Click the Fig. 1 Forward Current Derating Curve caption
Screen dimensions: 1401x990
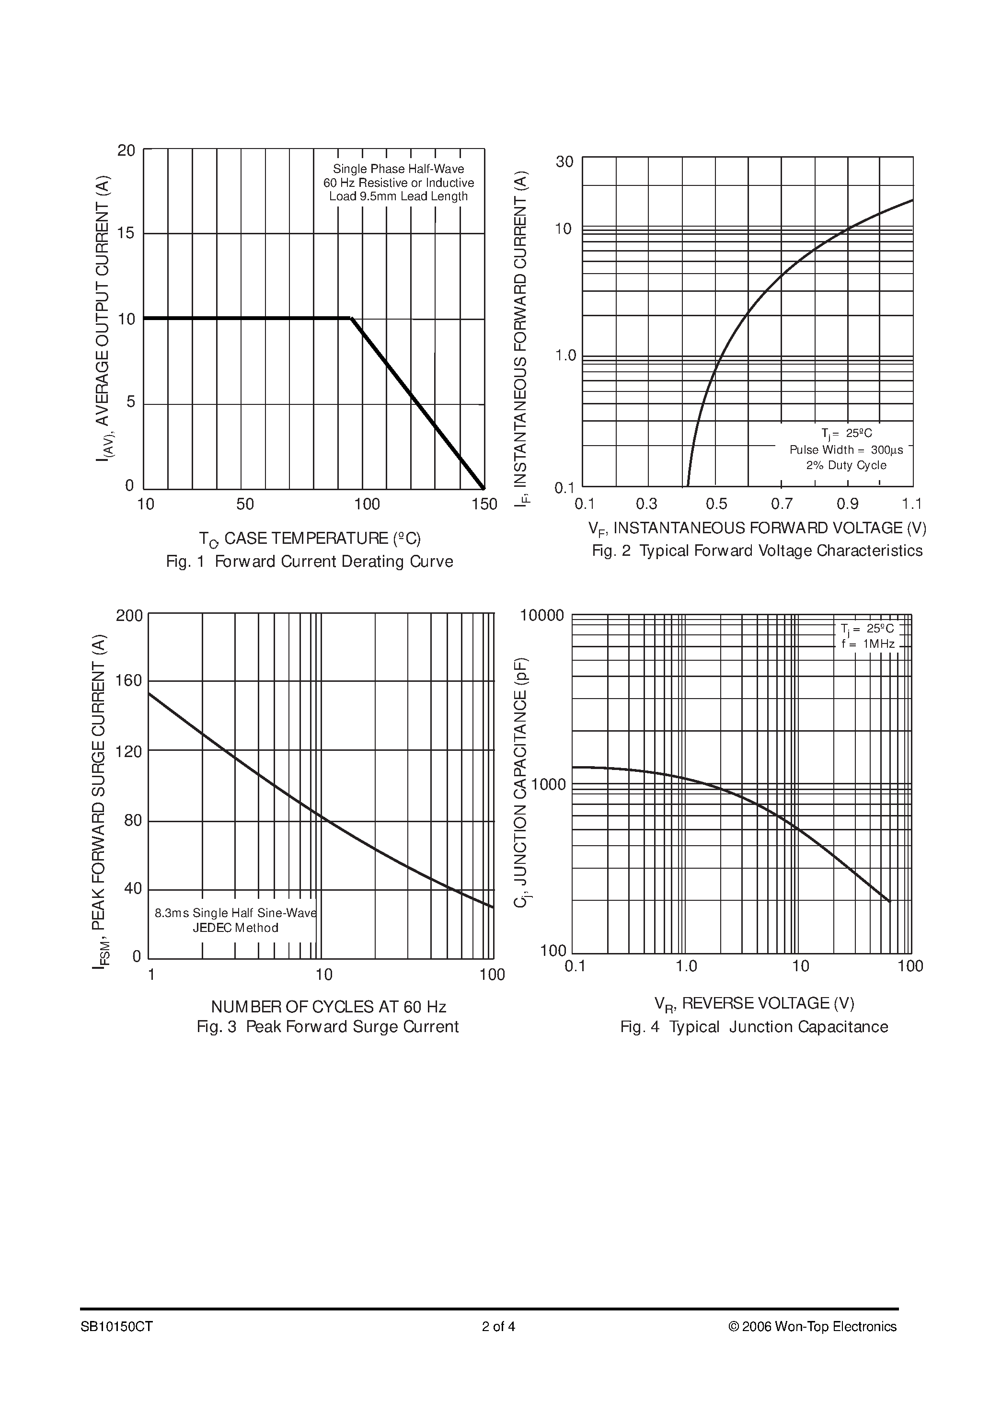pyautogui.click(x=310, y=562)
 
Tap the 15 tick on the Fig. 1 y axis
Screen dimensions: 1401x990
pyautogui.click(x=127, y=233)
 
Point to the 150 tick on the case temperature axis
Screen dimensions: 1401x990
pyautogui.click(x=484, y=504)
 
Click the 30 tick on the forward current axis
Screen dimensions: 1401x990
pyautogui.click(x=564, y=161)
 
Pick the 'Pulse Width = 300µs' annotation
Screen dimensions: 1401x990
pyautogui.click(x=846, y=450)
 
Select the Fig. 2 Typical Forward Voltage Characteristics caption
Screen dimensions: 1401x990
pyautogui.click(x=757, y=551)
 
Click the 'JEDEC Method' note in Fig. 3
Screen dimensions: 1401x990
pyautogui.click(x=236, y=928)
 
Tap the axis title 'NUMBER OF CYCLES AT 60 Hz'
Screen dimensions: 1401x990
pyautogui.click(x=328, y=1006)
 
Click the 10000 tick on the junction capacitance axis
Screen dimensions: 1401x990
pyautogui.click(x=541, y=616)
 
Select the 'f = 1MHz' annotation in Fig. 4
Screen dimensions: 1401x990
pyautogui.click(x=867, y=644)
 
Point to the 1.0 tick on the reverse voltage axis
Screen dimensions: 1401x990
pyautogui.click(x=686, y=966)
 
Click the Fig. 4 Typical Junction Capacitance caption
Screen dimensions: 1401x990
pyautogui.click(x=754, y=1026)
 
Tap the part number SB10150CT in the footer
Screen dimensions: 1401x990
pyautogui.click(x=116, y=1327)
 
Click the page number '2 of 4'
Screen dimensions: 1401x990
pyautogui.click(x=498, y=1327)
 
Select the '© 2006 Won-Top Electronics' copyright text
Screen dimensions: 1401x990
pyautogui.click(x=812, y=1327)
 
